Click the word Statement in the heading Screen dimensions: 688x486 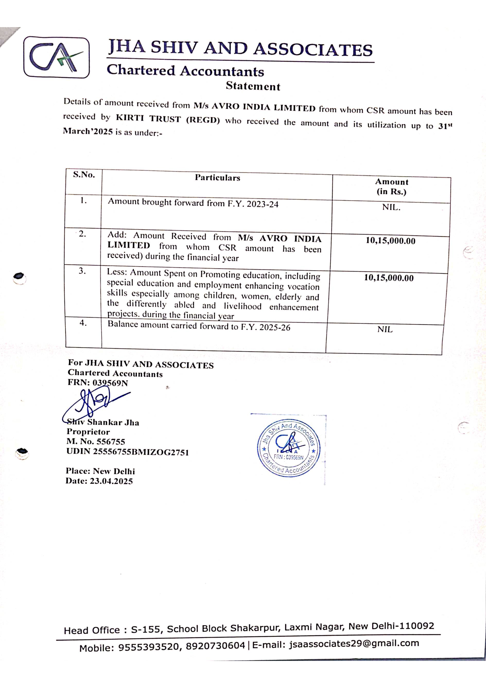(253, 86)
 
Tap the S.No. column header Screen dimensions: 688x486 (84, 175)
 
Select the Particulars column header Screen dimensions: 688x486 (217, 178)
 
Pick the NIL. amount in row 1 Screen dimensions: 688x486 (391, 207)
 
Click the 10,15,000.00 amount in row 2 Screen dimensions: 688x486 (391, 241)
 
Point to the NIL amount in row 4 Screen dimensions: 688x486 (385, 329)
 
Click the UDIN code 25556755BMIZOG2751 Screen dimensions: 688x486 (141, 452)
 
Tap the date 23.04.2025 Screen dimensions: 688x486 (111, 481)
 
